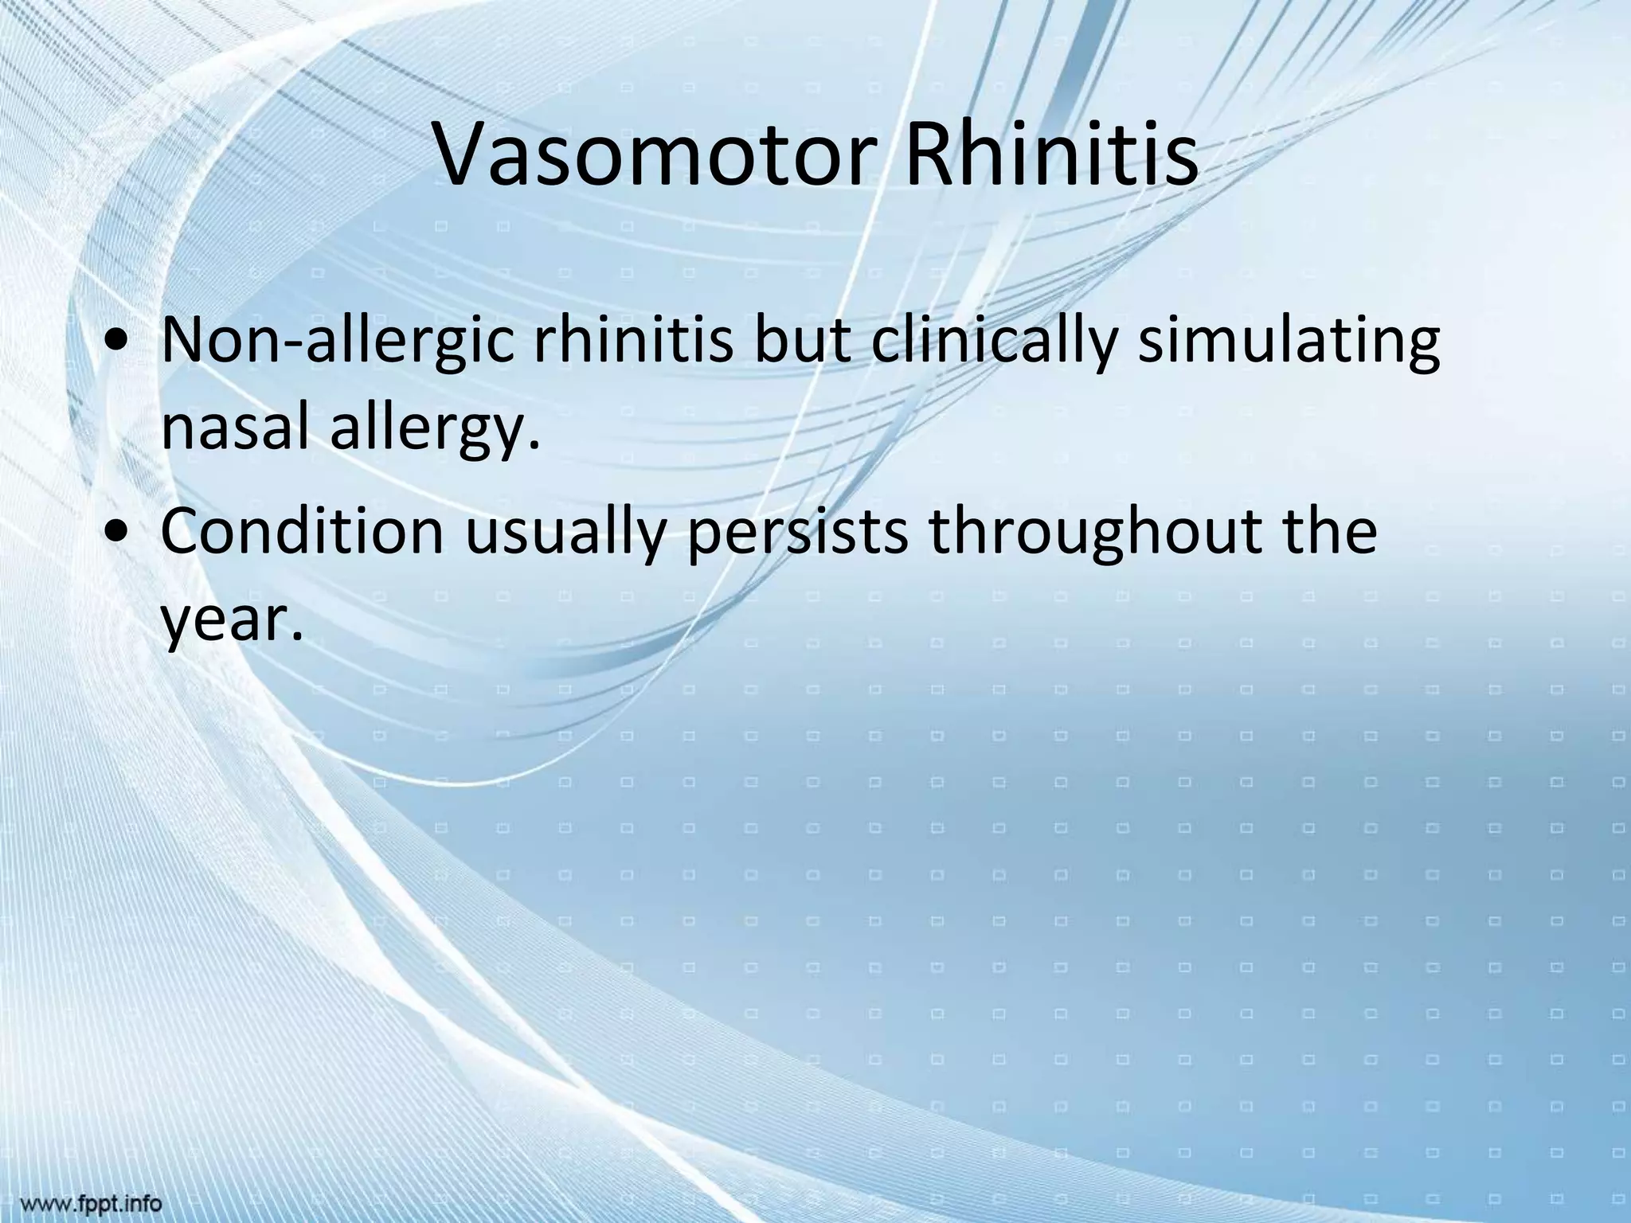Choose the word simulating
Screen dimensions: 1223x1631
(1289, 345)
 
